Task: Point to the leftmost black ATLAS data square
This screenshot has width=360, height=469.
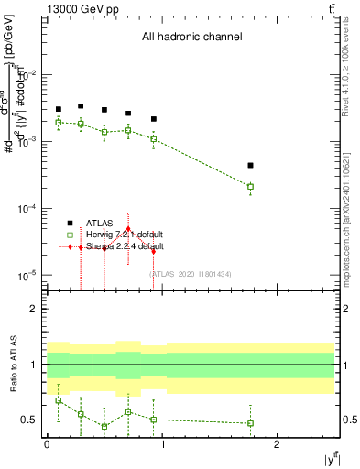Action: click(58, 109)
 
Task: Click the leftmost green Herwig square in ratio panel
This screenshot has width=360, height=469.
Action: click(58, 400)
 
